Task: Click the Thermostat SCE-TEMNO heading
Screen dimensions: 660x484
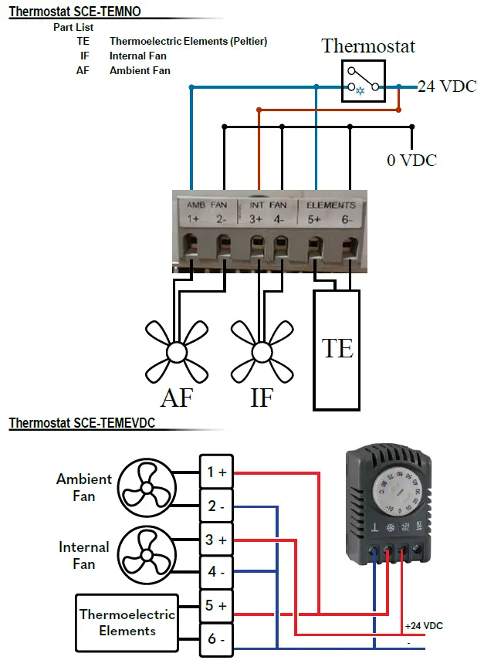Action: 75,12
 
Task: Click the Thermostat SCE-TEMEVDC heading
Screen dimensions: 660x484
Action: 81,424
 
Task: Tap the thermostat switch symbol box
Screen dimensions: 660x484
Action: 364,81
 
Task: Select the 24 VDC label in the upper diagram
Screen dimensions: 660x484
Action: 447,86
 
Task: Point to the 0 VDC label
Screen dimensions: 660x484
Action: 411,160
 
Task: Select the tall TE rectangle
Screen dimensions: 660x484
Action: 337,349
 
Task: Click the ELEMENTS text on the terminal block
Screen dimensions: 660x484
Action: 331,205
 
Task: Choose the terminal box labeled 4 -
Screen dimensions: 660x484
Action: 216,573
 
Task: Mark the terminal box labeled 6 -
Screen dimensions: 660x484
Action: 216,639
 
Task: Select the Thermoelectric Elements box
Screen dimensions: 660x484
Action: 127,622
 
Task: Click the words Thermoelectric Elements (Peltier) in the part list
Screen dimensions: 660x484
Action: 188,42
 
